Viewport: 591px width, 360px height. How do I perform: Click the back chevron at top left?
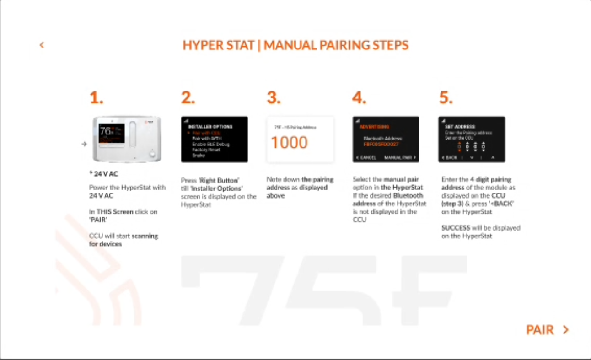point(42,45)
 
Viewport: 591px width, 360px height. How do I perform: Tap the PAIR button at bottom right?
point(547,330)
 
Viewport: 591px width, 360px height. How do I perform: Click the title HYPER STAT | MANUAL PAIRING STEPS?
point(295,45)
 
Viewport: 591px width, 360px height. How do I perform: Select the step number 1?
point(96,98)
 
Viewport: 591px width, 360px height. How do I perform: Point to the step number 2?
point(188,98)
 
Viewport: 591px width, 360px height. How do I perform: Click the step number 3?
point(274,98)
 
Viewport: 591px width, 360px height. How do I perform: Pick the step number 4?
point(360,98)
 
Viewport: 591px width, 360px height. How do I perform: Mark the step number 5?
point(446,98)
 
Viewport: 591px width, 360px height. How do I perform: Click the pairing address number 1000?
point(289,143)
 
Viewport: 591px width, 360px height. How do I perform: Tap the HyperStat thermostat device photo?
point(127,139)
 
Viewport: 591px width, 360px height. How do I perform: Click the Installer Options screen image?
point(214,139)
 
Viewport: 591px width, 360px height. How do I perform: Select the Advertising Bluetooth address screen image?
point(386,139)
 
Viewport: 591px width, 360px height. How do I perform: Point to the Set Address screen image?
point(472,139)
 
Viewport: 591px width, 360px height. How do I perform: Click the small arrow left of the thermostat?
point(84,144)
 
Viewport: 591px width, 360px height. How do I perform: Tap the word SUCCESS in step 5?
point(456,228)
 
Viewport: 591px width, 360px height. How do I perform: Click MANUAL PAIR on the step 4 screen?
point(399,157)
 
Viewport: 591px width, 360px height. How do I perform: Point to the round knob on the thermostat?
point(152,155)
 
